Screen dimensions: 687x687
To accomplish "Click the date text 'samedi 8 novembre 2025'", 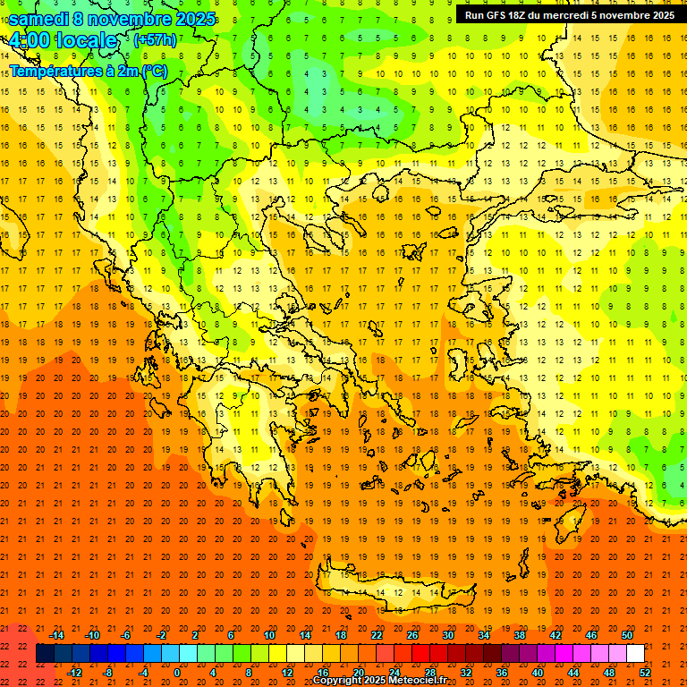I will (112, 19).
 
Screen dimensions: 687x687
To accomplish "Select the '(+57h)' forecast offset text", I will (155, 40).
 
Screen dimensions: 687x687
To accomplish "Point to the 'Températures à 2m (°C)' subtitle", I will (89, 70).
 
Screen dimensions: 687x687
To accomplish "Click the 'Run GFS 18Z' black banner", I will (570, 15).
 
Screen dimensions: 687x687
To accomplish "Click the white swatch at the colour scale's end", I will (635, 654).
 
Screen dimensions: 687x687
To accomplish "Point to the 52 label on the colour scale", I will (646, 673).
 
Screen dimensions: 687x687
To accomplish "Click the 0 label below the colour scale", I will (176, 673).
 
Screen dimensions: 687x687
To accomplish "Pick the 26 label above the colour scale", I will (412, 635).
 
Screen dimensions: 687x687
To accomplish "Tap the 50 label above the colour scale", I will (626, 635).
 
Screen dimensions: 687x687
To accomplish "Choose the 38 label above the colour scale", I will (520, 635).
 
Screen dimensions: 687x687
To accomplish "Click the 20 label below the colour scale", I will (359, 673).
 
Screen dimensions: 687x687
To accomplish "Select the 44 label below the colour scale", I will (573, 673).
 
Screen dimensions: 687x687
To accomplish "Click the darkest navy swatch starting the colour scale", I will (45, 654).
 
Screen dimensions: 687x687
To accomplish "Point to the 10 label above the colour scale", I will (269, 635).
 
